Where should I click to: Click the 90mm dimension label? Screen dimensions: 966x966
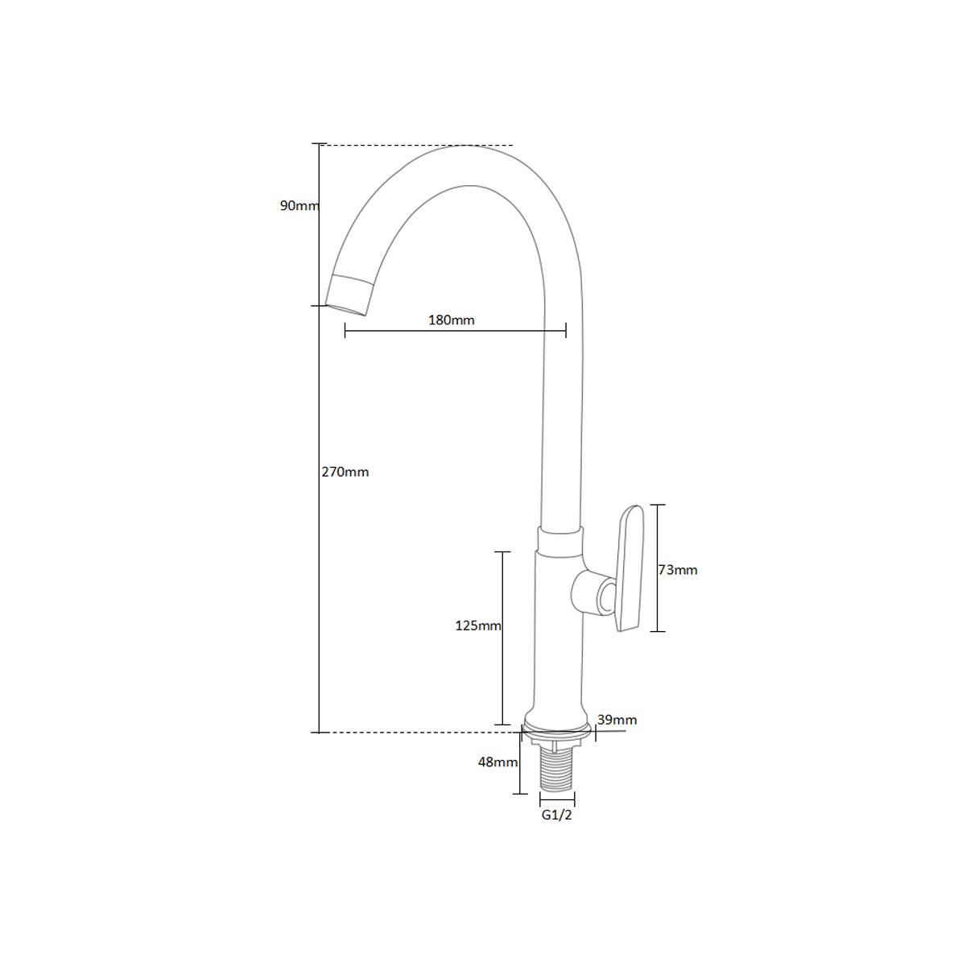(299, 205)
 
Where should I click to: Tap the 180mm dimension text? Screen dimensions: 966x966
(451, 320)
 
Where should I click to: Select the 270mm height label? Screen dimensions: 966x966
(345, 472)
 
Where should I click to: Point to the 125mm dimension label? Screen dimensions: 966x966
(477, 625)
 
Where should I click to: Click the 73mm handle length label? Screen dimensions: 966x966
(678, 570)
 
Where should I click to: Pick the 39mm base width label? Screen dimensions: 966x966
(617, 720)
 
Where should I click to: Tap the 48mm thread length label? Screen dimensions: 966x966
(497, 762)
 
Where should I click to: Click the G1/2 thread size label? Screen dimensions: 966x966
(556, 815)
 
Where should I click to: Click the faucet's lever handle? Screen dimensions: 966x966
(630, 568)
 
